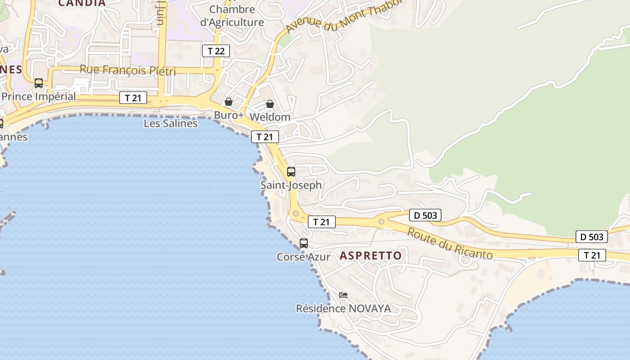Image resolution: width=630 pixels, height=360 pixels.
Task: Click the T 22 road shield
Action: pyautogui.click(x=216, y=51)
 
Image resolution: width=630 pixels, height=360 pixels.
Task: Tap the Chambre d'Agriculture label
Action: pyautogui.click(x=232, y=16)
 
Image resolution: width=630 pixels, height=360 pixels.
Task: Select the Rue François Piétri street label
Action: pyautogui.click(x=128, y=70)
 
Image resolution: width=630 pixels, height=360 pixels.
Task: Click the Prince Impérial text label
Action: pyautogui.click(x=39, y=96)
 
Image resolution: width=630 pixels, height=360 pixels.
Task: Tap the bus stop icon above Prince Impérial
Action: pyautogui.click(x=39, y=83)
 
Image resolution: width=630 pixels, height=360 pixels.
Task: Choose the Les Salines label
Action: pyautogui.click(x=171, y=123)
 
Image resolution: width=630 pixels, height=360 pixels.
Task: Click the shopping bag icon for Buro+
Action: pyautogui.click(x=229, y=102)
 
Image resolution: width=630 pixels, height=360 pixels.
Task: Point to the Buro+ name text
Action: pyautogui.click(x=229, y=115)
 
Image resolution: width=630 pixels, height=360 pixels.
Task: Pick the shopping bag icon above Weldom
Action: pyautogui.click(x=270, y=104)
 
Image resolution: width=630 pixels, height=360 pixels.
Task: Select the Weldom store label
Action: pyautogui.click(x=270, y=117)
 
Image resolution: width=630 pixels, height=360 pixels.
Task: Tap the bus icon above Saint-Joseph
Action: pyautogui.click(x=291, y=171)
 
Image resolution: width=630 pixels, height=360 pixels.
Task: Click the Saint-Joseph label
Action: pyautogui.click(x=291, y=185)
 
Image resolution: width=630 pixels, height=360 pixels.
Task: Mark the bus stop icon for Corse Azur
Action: pyautogui.click(x=304, y=243)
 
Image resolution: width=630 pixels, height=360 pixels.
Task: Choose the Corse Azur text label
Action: pyautogui.click(x=303, y=257)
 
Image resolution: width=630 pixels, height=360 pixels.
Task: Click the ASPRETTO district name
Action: pyautogui.click(x=371, y=256)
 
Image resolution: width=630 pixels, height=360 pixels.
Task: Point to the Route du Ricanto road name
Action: pyautogui.click(x=450, y=243)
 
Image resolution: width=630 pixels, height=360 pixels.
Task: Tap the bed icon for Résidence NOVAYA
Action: pyautogui.click(x=343, y=295)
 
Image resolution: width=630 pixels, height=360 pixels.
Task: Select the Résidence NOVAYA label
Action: pyautogui.click(x=343, y=309)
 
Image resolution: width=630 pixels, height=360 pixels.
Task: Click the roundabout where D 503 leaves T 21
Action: pyautogui.click(x=382, y=221)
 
